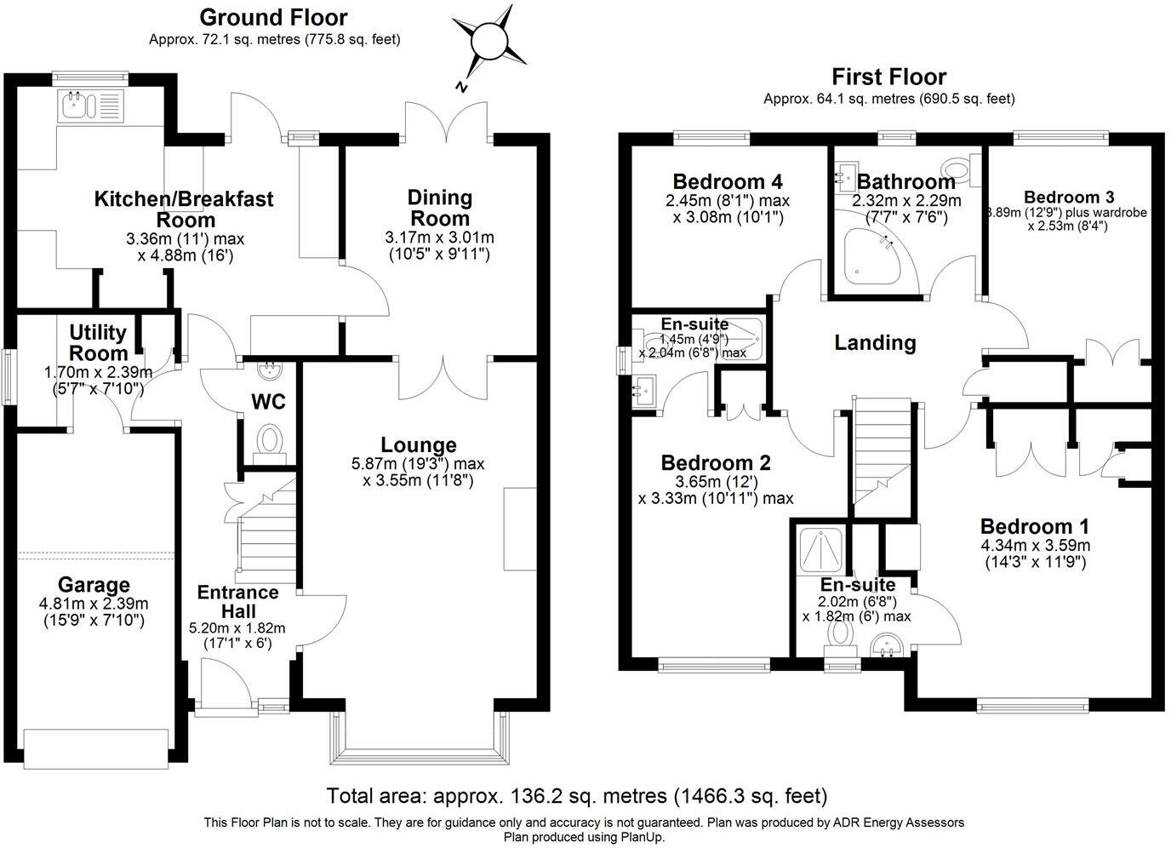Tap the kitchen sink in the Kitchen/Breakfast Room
[x=93, y=106]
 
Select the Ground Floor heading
[x=273, y=18]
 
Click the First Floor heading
[x=888, y=77]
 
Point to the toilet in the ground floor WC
[x=270, y=444]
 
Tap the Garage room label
[x=94, y=584]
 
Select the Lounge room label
[x=418, y=444]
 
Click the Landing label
[x=875, y=343]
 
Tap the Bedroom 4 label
[x=727, y=181]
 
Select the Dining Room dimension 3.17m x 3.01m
[x=439, y=238]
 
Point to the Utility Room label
[x=98, y=342]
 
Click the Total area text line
[x=577, y=796]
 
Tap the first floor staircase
[x=882, y=450]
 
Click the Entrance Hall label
[x=238, y=602]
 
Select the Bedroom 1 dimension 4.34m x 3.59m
[x=1035, y=545]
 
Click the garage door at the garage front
[x=96, y=749]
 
